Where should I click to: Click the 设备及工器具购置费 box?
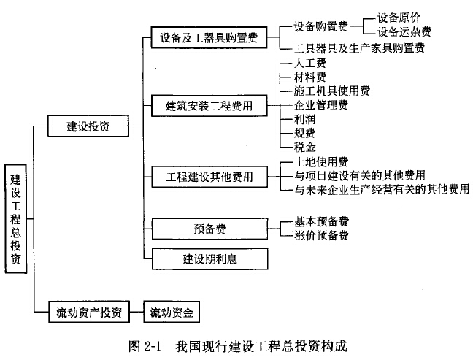coord(209,37)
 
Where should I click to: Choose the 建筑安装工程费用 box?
coord(209,105)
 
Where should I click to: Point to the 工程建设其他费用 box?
coord(209,176)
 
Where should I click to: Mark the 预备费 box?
coord(209,228)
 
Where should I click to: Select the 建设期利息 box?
coord(209,258)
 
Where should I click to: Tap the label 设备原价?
coord(399,17)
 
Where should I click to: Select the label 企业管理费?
coord(320,105)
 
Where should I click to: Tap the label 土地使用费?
coord(320,161)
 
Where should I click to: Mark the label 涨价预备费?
coord(320,235)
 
